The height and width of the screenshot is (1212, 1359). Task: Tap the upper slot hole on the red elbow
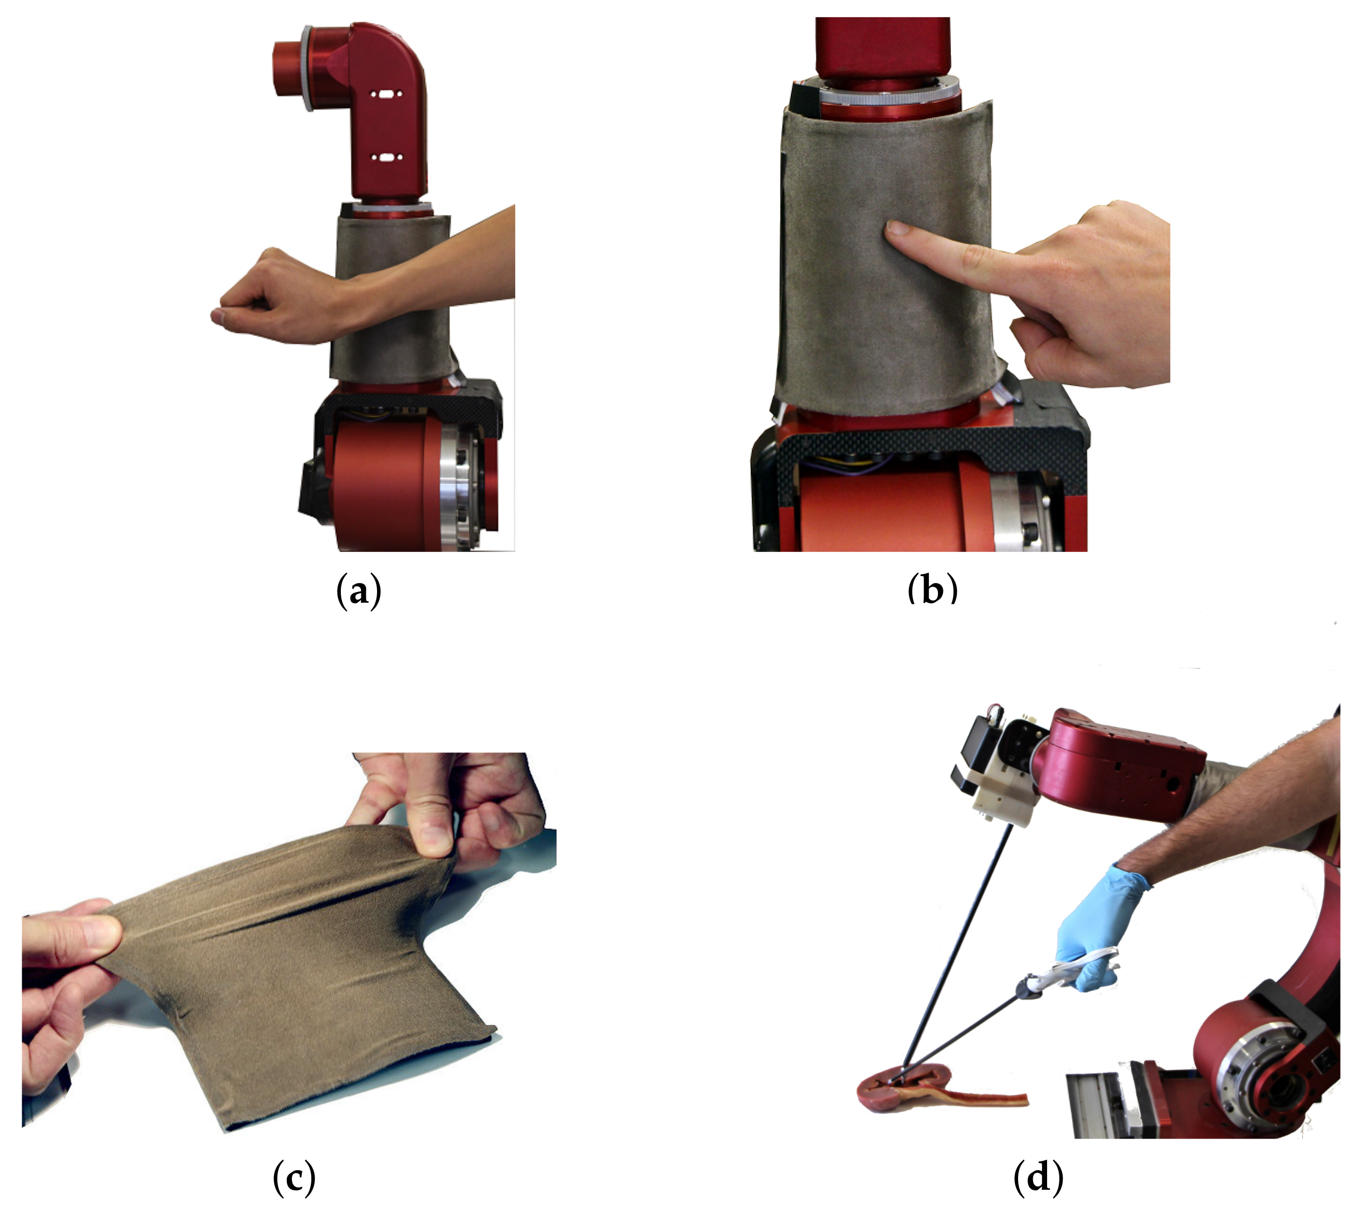[384, 95]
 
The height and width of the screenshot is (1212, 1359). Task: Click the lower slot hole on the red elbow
[384, 159]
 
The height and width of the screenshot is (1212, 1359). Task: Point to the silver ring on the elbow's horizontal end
[307, 69]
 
